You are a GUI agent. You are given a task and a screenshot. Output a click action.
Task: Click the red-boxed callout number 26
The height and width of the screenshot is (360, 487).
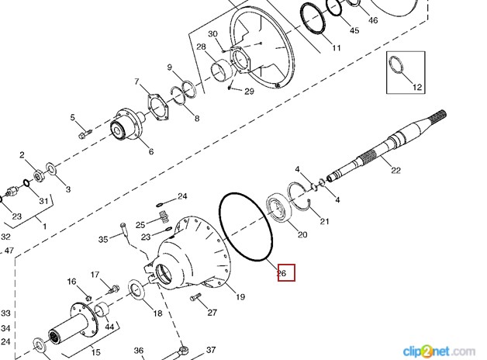click(x=281, y=273)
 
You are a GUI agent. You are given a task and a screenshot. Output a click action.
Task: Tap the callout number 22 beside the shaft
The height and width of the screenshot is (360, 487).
click(x=395, y=170)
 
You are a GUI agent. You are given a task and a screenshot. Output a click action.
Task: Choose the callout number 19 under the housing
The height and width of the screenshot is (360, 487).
click(x=240, y=297)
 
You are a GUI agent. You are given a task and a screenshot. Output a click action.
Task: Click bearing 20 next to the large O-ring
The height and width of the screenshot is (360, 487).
click(x=278, y=209)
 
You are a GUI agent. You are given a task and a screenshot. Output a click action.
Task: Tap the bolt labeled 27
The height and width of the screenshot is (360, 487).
click(x=195, y=298)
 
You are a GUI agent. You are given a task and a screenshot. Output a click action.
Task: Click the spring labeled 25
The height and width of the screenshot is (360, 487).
click(x=164, y=216)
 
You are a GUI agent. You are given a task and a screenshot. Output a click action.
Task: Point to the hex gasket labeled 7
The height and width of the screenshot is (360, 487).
click(x=157, y=107)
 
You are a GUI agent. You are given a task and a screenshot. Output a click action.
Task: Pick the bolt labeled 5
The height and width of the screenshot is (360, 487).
click(x=85, y=134)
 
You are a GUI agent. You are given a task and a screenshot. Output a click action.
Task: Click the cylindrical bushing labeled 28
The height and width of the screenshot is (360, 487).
click(x=222, y=71)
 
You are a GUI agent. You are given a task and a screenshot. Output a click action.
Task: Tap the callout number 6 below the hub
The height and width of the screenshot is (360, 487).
click(x=151, y=151)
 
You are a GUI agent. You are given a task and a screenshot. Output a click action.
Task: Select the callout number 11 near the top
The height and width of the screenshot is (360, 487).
click(x=337, y=48)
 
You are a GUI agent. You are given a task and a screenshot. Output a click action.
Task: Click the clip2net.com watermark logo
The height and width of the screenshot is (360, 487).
click(x=439, y=351)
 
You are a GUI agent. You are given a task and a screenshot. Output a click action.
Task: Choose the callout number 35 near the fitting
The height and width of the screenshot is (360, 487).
click(x=103, y=239)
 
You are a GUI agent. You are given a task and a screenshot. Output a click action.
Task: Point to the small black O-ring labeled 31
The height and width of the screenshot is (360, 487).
click(x=26, y=183)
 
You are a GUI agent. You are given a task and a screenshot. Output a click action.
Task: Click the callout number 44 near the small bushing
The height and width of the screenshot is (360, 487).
click(x=109, y=327)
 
